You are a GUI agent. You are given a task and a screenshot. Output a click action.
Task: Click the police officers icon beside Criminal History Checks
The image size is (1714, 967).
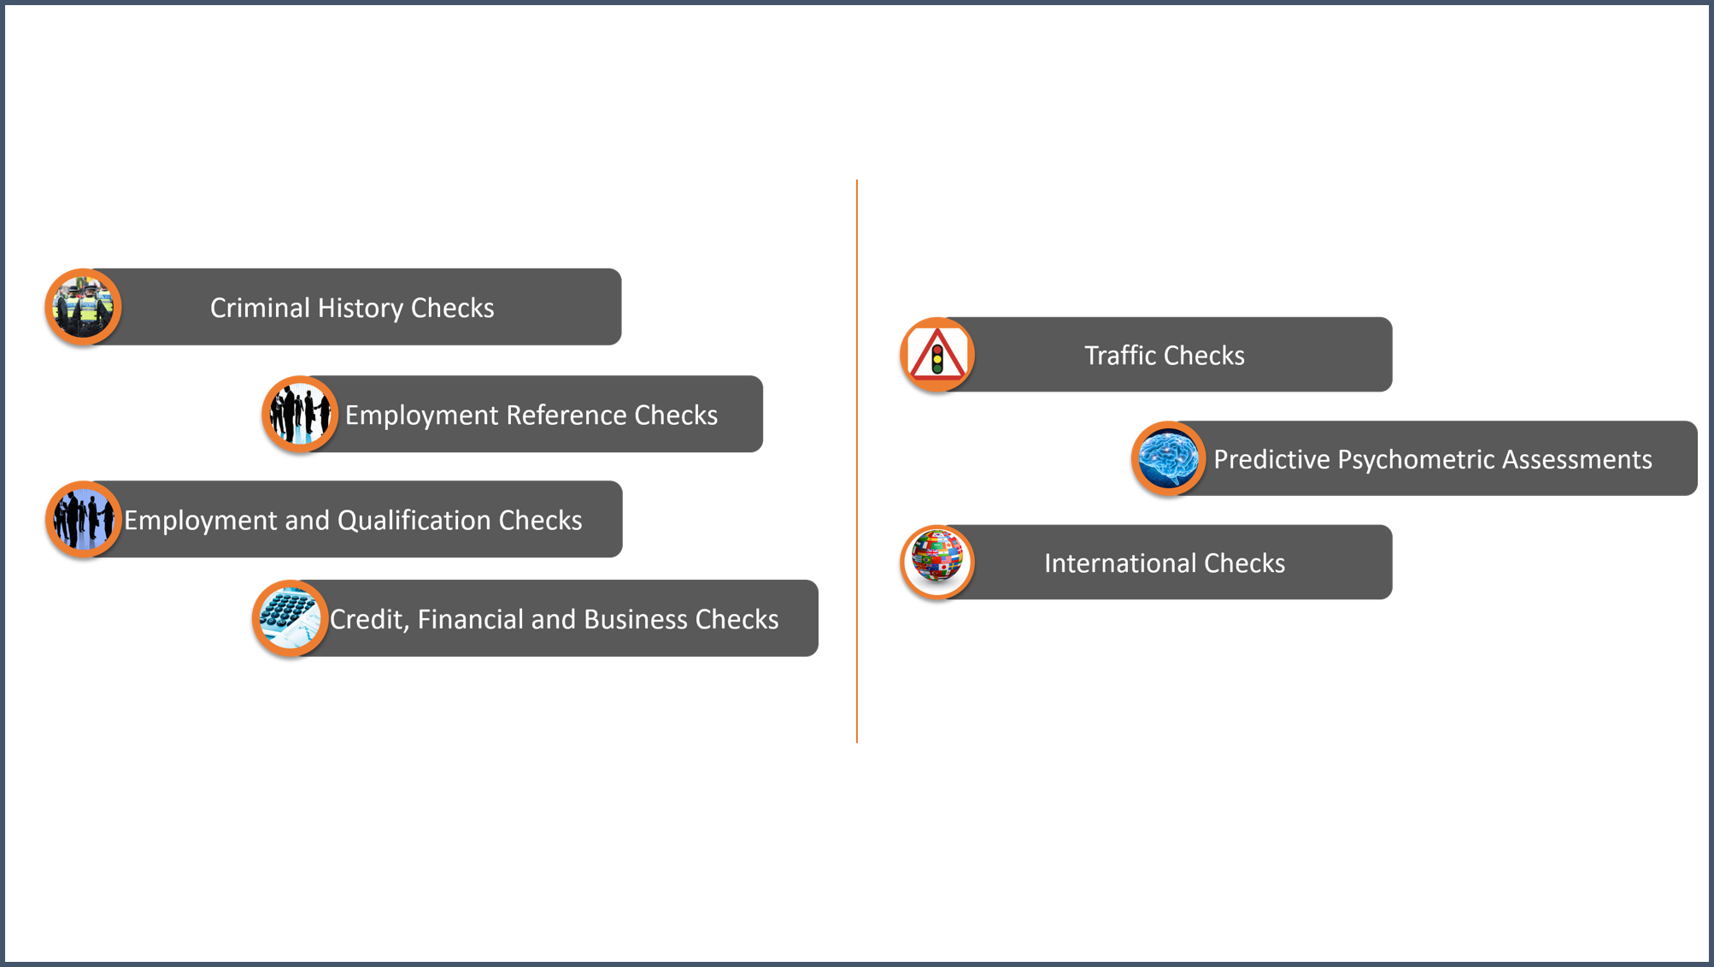(83, 307)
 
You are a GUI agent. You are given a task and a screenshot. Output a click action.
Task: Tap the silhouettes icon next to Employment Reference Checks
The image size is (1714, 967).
(300, 414)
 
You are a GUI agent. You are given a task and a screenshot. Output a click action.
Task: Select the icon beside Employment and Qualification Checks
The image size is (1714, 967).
(83, 519)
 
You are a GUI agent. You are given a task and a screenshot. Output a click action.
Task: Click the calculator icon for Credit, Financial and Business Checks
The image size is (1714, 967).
(291, 618)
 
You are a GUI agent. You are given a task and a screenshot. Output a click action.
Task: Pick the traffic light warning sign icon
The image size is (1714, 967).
(937, 354)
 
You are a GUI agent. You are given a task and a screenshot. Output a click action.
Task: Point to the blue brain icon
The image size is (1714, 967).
(1168, 458)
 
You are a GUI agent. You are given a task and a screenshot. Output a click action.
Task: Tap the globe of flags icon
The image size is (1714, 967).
(937, 562)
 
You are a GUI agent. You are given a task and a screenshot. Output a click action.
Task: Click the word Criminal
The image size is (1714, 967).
(261, 308)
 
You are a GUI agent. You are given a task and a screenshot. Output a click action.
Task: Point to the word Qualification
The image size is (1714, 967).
(414, 520)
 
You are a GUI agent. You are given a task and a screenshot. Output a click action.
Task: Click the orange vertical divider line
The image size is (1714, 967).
(857, 461)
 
